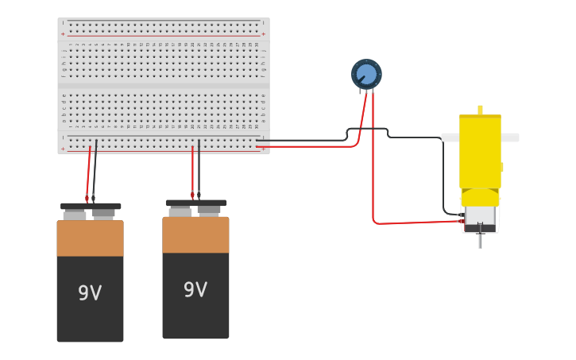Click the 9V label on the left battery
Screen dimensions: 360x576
point(90,293)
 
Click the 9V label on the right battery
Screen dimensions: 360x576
point(195,290)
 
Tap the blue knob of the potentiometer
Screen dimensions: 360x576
point(366,74)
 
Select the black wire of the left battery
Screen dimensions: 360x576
point(95,171)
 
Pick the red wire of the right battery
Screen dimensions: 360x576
point(192,171)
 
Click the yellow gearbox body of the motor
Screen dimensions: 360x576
point(480,151)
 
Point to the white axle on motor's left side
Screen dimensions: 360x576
point(450,137)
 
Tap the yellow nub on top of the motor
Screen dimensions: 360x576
point(480,110)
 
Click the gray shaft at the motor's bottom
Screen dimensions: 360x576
point(480,241)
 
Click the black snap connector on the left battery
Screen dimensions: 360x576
point(91,207)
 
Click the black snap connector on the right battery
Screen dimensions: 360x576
point(196,203)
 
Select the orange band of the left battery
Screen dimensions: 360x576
point(90,238)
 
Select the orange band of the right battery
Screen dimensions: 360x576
point(195,235)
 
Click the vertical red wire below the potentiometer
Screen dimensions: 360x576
point(373,159)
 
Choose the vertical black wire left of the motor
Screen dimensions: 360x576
point(443,175)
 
